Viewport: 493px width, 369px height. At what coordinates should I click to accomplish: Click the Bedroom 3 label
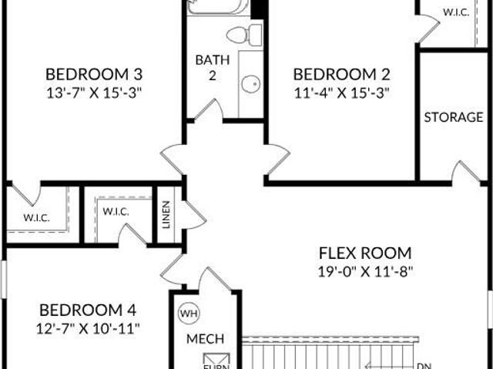click(94, 75)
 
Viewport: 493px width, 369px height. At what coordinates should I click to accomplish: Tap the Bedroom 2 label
click(341, 75)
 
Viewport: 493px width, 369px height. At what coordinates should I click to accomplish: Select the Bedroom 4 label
click(88, 310)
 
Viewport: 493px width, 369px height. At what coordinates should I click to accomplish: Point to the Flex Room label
click(365, 253)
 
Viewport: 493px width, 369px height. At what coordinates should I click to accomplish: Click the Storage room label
click(453, 117)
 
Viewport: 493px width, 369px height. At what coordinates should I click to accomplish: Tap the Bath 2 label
click(210, 67)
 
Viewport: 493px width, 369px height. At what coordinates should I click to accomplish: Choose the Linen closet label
click(166, 215)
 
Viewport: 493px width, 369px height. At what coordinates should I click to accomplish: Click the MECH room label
click(205, 338)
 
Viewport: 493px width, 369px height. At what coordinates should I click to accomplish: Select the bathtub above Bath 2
click(219, 7)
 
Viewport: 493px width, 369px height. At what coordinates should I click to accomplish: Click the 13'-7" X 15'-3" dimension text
click(94, 92)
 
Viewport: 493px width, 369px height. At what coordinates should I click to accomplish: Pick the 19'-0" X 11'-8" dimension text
click(365, 270)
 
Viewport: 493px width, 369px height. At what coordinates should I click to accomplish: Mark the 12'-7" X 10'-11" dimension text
click(88, 327)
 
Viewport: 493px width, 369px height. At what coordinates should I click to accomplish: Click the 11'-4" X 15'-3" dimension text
click(341, 92)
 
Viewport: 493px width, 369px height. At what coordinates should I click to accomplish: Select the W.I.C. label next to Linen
click(116, 211)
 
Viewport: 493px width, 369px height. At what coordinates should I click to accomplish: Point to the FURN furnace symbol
click(210, 362)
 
